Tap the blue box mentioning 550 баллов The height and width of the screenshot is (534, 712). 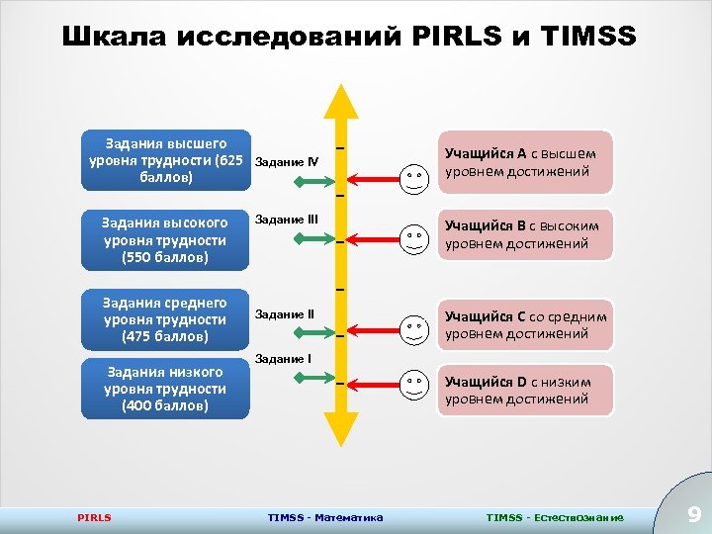coord(165,240)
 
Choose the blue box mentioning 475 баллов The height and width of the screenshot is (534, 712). coord(165,319)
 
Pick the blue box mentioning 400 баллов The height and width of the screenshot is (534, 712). coord(165,389)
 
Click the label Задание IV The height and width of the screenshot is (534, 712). coord(286,161)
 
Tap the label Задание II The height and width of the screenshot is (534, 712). coord(284,314)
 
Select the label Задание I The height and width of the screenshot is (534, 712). coord(283,358)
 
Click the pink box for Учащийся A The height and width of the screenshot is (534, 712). coord(525,162)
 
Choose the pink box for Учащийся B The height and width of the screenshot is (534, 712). coord(525,235)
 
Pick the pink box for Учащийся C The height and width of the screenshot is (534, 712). coord(525,324)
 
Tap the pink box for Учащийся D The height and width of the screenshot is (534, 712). coord(525,390)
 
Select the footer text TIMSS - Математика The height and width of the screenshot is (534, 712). coord(325,517)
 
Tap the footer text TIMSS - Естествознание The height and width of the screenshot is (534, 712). coord(555,517)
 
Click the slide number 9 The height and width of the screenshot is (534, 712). coord(693,514)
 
